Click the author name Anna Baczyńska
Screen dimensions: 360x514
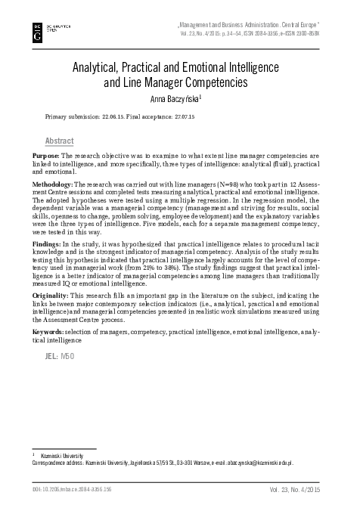(x=178, y=95)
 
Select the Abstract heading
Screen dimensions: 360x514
(x=60, y=141)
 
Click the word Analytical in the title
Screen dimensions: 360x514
(x=101, y=67)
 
